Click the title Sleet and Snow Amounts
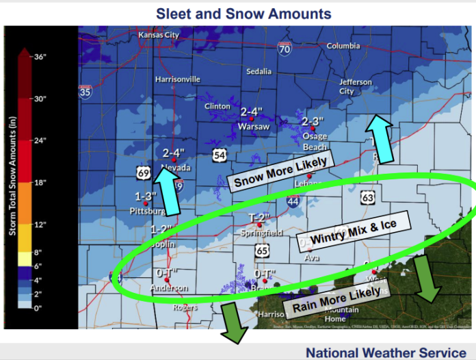click(243, 13)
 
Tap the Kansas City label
click(158, 35)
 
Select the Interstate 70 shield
click(285, 49)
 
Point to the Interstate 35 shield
click(85, 92)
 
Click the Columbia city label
click(343, 46)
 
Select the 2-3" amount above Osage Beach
click(311, 120)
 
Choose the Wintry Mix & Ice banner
click(353, 233)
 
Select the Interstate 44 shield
click(293, 202)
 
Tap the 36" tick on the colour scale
click(40, 57)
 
